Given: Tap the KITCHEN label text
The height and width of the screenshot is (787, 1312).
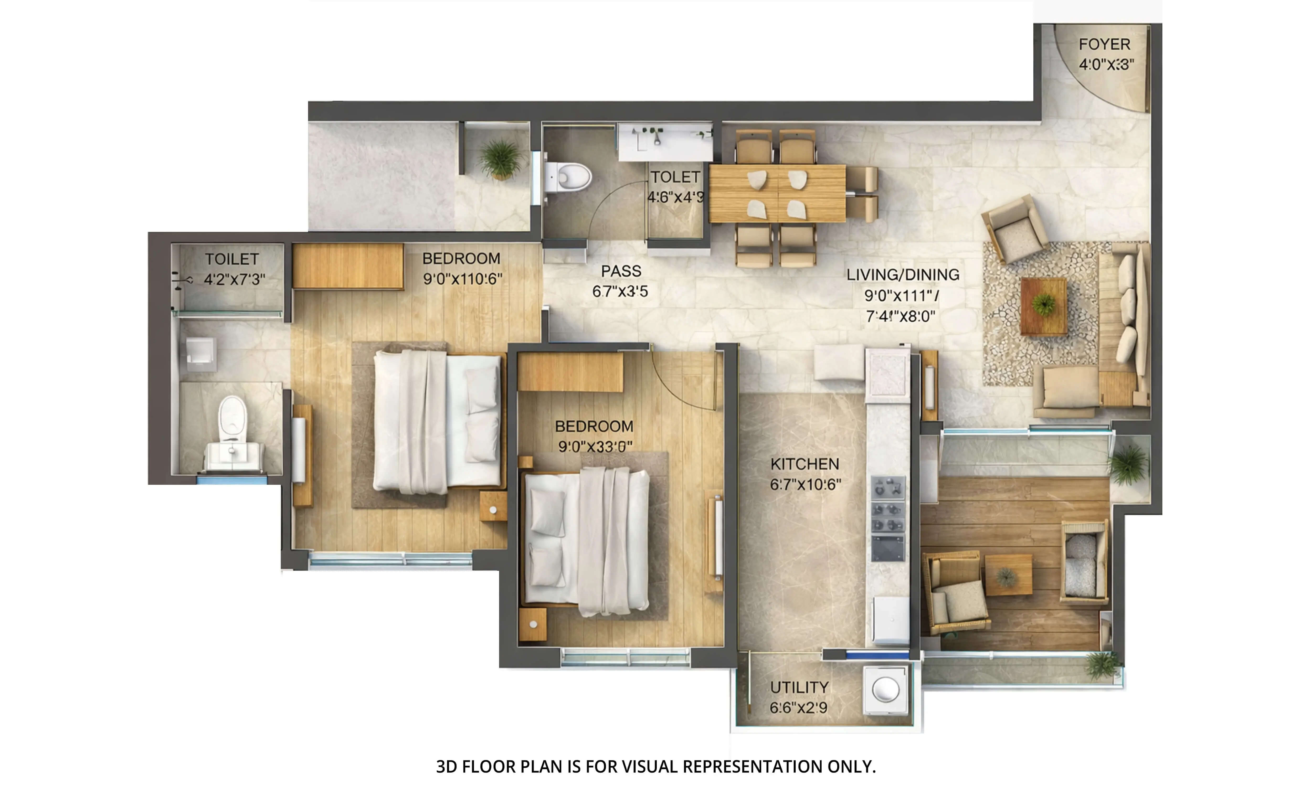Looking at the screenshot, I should pos(805,464).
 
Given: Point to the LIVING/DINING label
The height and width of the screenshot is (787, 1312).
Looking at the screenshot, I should pos(903,275).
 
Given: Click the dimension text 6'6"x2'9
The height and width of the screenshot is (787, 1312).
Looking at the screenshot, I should pos(798,708).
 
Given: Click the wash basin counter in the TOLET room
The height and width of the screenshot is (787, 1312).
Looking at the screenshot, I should pos(665,141).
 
